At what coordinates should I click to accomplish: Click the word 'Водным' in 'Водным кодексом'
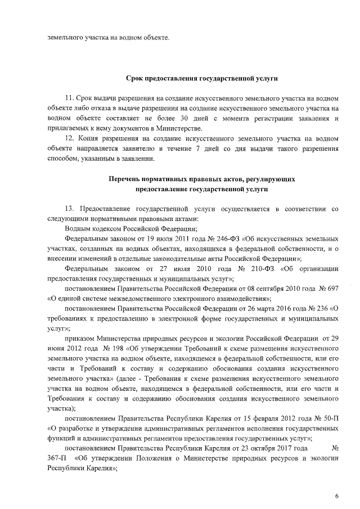click(x=78, y=228)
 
